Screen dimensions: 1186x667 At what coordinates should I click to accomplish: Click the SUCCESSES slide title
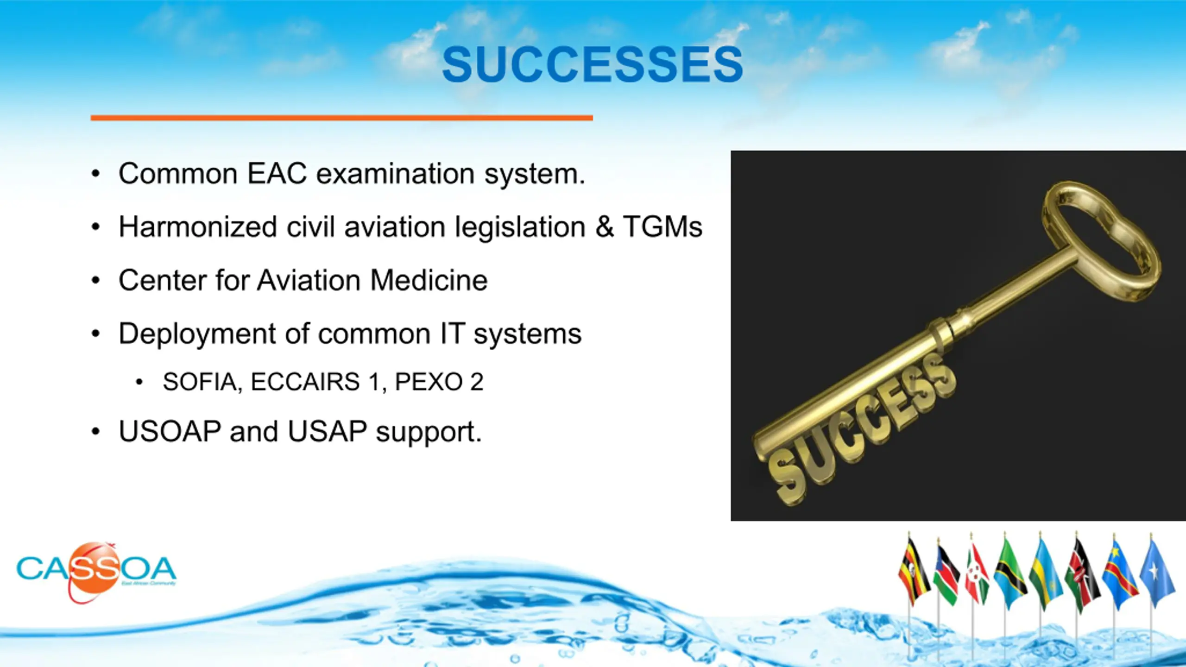tap(593, 64)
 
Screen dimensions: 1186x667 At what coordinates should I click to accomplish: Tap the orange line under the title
tap(341, 118)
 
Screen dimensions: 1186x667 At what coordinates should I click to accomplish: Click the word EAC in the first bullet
tap(277, 174)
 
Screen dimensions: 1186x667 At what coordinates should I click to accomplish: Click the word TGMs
tap(662, 227)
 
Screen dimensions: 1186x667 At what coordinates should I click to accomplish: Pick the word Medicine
tap(429, 280)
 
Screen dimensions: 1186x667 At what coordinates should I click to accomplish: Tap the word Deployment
tap(197, 334)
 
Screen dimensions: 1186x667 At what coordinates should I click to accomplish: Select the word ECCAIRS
tap(305, 382)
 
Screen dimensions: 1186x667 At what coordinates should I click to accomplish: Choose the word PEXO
tap(429, 382)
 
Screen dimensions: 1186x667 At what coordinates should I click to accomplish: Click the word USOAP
tap(170, 431)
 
